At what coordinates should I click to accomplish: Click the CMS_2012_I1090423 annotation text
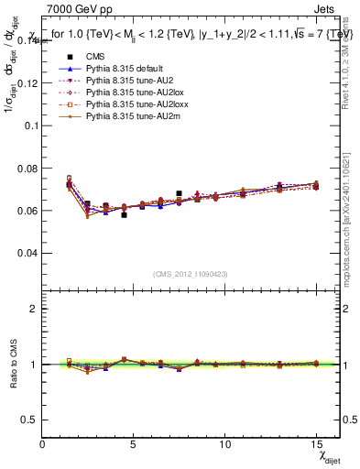tap(191, 274)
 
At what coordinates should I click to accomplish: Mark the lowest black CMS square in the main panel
tap(124, 214)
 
